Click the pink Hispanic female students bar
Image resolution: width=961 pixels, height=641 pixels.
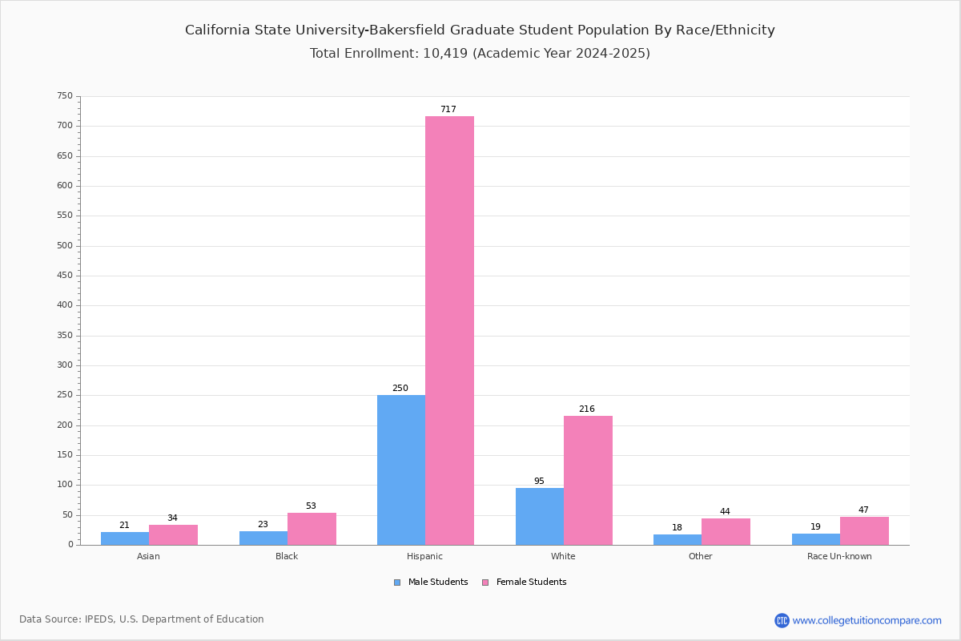pos(449,331)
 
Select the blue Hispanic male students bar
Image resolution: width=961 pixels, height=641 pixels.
pos(401,470)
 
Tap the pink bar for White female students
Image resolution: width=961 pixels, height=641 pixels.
pos(588,481)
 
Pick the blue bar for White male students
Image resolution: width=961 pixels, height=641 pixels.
pos(540,517)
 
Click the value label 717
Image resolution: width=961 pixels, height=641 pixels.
pos(448,110)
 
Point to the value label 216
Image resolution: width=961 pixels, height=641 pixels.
pos(587,409)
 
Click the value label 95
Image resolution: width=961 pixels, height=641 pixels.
pos(539,481)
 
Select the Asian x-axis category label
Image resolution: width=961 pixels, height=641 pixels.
pos(148,556)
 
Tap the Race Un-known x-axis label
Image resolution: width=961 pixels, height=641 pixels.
pos(839,556)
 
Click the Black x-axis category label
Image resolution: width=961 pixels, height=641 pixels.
pos(287,556)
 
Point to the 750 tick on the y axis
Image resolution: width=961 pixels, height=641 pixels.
pos(65,95)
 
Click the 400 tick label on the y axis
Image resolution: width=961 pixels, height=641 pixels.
pos(65,305)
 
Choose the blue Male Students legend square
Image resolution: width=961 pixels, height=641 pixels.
pos(397,583)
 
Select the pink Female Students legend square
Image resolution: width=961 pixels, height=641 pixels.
pos(485,583)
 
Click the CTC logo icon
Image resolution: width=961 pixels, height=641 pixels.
pos(782,620)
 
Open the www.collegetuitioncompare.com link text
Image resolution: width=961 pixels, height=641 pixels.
pos(867,620)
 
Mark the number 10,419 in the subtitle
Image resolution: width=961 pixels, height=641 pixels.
pos(445,53)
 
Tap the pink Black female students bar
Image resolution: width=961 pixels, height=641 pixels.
pos(312,529)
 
